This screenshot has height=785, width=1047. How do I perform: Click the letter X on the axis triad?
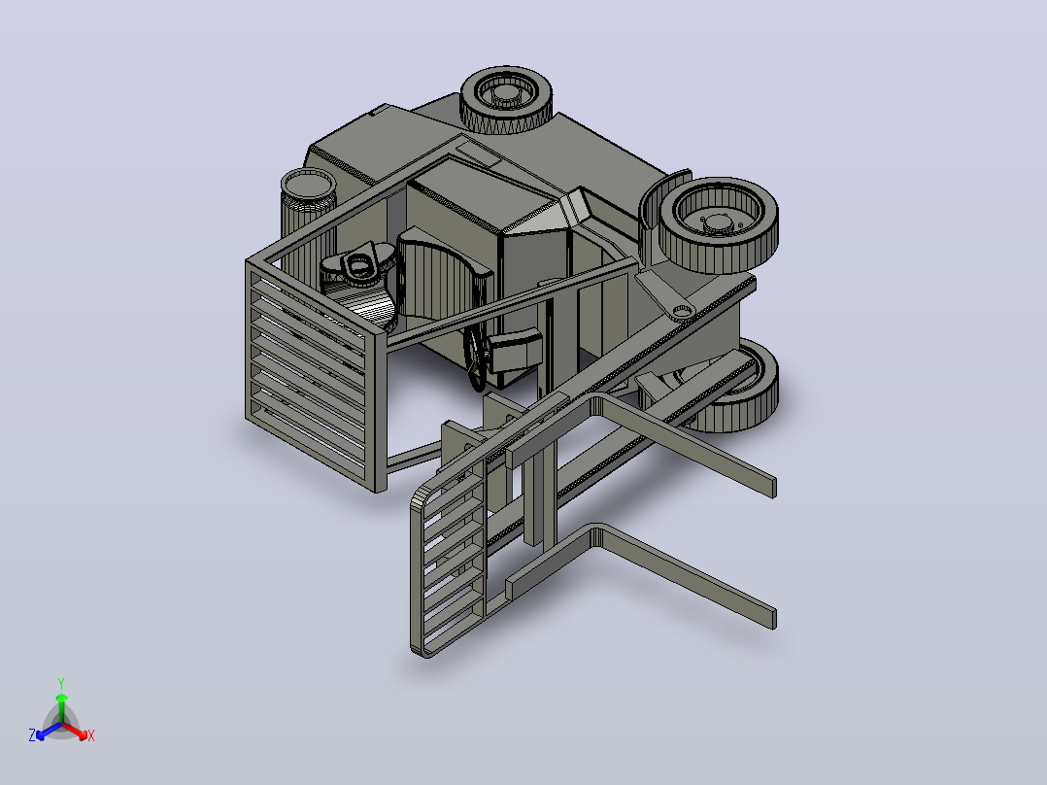coord(91,735)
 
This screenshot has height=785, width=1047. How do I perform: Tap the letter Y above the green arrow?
coord(61,683)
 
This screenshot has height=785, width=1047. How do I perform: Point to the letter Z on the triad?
coord(32,734)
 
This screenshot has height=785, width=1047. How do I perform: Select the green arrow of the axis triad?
coord(61,707)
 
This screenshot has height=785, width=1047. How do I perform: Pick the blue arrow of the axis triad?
coord(49,731)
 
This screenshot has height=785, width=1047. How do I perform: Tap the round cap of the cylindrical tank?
coord(308,183)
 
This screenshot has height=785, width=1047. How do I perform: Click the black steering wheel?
coord(476,354)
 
